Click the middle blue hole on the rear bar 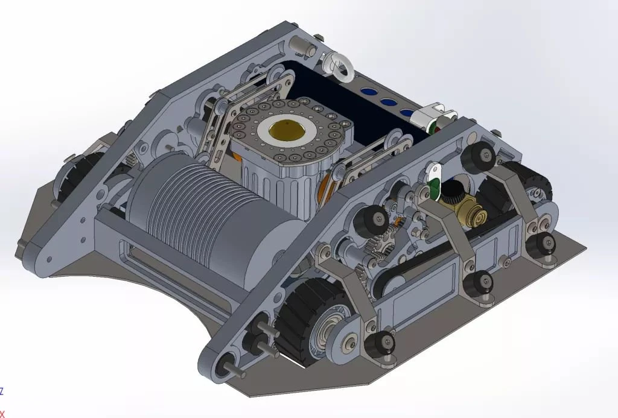tap(389, 102)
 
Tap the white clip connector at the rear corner tap(431, 116)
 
